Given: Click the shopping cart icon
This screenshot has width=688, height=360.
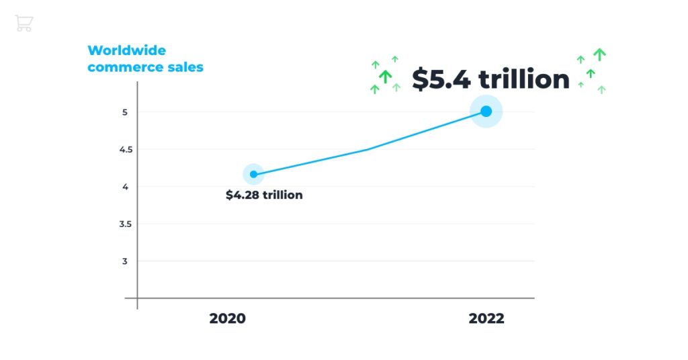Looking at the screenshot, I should pyautogui.click(x=24, y=24).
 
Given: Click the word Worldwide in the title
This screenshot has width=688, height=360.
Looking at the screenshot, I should pyautogui.click(x=126, y=50).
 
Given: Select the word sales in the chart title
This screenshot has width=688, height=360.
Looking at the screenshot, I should pyautogui.click(x=185, y=67).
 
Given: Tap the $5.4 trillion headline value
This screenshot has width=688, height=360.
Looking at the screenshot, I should pyautogui.click(x=490, y=79).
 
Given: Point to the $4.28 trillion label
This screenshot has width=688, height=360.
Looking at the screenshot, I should pyautogui.click(x=264, y=195).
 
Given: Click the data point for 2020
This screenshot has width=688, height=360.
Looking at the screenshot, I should pyautogui.click(x=253, y=175).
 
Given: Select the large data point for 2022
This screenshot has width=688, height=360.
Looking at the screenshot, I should pyautogui.click(x=486, y=111).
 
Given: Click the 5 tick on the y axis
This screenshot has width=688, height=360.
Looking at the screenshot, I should pyautogui.click(x=124, y=112).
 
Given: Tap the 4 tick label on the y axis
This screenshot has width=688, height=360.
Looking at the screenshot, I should pyautogui.click(x=124, y=187).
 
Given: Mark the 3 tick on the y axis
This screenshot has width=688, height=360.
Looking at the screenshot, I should pyautogui.click(x=124, y=261).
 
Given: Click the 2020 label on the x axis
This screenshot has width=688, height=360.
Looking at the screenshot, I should pyautogui.click(x=227, y=318).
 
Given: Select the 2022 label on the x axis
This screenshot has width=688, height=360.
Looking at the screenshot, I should pyautogui.click(x=486, y=318).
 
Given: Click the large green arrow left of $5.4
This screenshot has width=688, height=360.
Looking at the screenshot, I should pyautogui.click(x=385, y=77).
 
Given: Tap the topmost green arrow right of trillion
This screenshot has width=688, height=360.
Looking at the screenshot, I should pyautogui.click(x=599, y=54).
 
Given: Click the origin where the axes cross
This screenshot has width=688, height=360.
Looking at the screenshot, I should pyautogui.click(x=137, y=298).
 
